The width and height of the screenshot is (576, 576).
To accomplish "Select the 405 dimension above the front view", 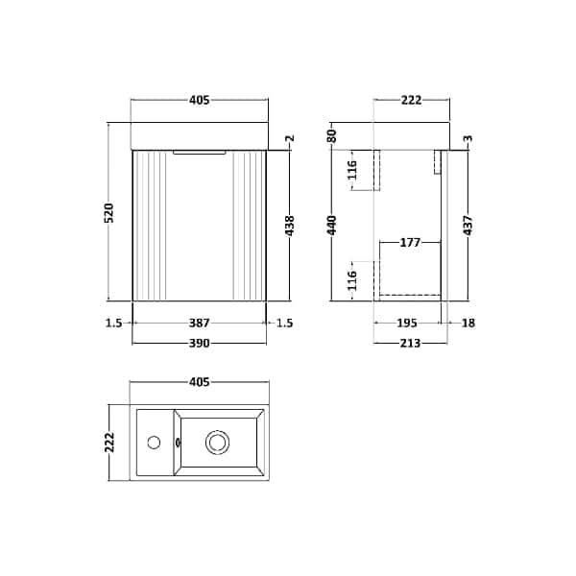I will (x=200, y=100).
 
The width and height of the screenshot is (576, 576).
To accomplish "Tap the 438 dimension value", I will (x=290, y=227).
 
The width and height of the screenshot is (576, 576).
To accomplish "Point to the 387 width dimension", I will (x=200, y=324).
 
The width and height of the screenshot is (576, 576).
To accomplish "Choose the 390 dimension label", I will (x=200, y=342).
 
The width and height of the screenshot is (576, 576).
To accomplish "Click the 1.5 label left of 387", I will (x=114, y=324).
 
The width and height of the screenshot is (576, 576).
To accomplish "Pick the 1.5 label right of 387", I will (x=284, y=324).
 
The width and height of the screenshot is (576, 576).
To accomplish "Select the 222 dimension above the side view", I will (x=412, y=100).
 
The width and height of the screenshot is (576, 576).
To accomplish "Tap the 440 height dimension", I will (x=333, y=226).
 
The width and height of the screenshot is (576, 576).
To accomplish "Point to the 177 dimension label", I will (x=412, y=243).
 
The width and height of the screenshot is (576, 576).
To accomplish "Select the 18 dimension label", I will (x=467, y=324).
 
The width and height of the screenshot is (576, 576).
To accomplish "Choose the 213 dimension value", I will (x=408, y=342).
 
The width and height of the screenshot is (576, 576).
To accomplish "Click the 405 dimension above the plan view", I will (x=200, y=382).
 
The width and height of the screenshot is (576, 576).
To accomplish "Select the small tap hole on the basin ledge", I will (x=153, y=443).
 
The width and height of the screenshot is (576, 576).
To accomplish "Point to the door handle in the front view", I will (x=199, y=151).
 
